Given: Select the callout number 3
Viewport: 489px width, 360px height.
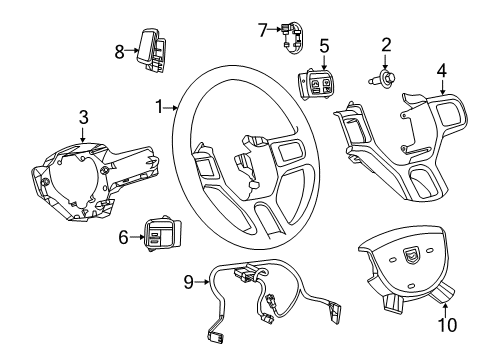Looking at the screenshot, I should click(x=83, y=119).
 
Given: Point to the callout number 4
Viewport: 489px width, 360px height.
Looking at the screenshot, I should click(x=442, y=70).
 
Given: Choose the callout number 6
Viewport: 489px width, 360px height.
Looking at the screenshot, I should click(x=123, y=264).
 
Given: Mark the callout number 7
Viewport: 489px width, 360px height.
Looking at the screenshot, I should click(x=263, y=30).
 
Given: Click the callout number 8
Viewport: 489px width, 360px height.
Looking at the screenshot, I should click(x=119, y=50).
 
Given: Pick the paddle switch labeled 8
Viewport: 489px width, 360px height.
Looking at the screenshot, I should click(x=153, y=51).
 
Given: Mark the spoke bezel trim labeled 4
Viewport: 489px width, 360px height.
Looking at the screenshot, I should click(x=400, y=150).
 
